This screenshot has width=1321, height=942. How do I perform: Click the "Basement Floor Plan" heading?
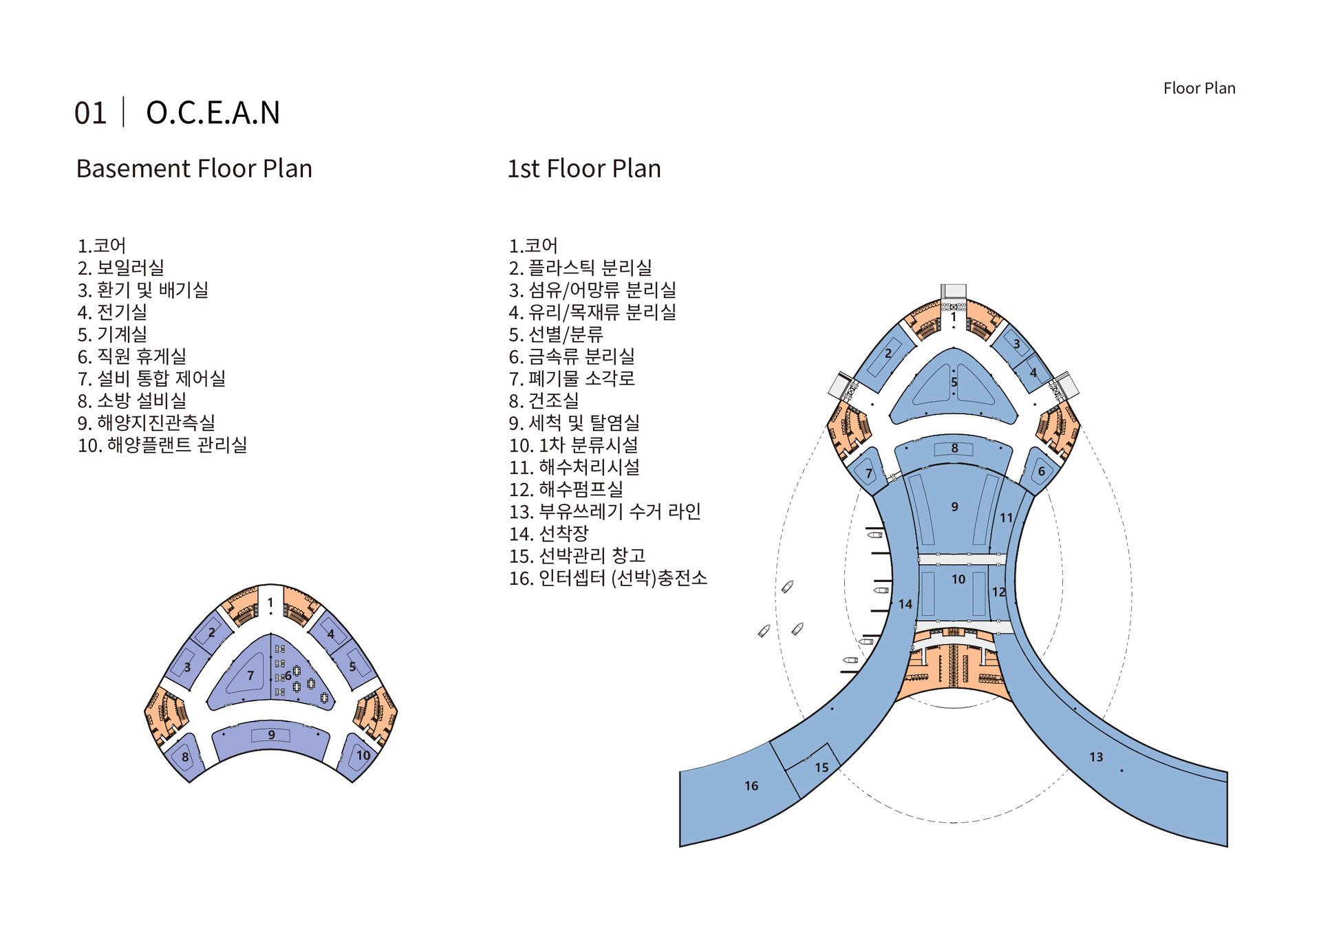[x=194, y=169]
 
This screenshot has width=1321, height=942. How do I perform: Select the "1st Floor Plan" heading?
[x=583, y=169]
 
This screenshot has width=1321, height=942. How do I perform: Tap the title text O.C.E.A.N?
[x=213, y=113]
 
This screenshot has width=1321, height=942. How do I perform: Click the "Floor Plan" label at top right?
[x=1199, y=88]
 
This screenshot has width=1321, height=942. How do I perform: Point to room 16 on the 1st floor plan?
[x=751, y=786]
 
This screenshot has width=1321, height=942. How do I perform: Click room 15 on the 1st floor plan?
[x=821, y=767]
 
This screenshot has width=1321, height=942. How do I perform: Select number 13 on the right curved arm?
[x=1096, y=757]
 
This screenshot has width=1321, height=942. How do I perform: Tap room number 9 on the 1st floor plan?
[x=954, y=507]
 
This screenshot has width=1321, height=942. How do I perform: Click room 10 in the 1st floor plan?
[x=958, y=579]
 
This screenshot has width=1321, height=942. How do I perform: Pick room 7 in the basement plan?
[x=250, y=676]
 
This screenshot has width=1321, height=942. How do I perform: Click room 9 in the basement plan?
[x=271, y=735]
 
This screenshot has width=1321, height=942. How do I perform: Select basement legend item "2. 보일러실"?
[x=120, y=268]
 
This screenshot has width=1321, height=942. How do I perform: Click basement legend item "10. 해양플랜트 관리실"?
[x=162, y=445]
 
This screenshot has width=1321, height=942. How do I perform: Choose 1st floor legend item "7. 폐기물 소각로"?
[x=571, y=378]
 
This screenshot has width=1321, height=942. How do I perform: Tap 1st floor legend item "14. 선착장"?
[x=548, y=533]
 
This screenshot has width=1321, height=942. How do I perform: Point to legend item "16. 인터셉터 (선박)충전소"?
[x=608, y=578]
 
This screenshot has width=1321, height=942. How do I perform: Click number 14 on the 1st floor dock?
[x=905, y=604]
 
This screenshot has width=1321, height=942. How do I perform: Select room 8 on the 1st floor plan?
[x=954, y=449]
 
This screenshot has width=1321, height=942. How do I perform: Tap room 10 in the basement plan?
[x=363, y=756]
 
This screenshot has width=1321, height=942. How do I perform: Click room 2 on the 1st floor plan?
[x=888, y=354]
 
